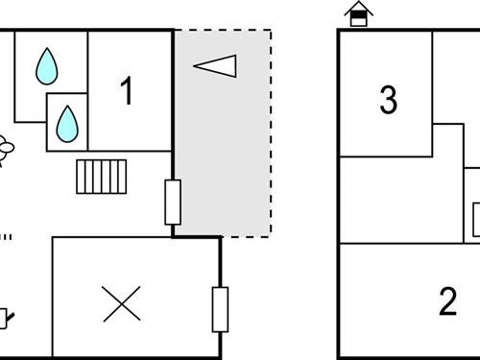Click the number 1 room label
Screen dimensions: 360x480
click(126, 91)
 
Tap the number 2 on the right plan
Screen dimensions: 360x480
click(447, 301)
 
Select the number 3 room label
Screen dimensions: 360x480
click(388, 99)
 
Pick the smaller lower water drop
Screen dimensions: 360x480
click(66, 122)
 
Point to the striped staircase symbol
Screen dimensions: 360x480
click(103, 176)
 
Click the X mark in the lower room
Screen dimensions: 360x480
click(122, 302)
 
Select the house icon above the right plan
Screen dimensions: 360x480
click(358, 14)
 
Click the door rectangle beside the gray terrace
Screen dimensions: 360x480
click(173, 202)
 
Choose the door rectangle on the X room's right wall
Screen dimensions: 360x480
click(220, 309)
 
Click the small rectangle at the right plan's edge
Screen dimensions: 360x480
click(475, 221)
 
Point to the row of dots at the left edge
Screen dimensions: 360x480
click(6, 236)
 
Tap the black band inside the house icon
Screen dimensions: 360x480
click(358, 18)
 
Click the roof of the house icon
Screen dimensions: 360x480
click(358, 7)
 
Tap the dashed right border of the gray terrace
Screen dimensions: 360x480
click(271, 134)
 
